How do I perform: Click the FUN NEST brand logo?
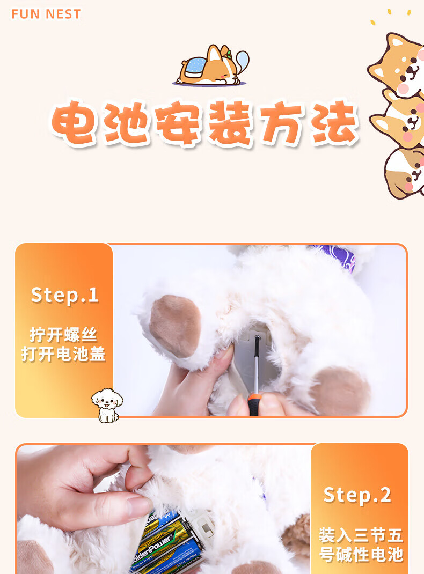click(x=46, y=14)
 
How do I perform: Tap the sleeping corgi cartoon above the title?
click(x=211, y=65)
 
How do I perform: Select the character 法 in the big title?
click(x=335, y=123)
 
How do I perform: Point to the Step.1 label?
click(x=65, y=295)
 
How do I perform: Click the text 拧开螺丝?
click(x=63, y=335)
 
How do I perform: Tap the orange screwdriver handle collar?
click(x=254, y=398)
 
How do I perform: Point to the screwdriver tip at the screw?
click(x=258, y=337)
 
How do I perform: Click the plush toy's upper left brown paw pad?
click(x=175, y=325)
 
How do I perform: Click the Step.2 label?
click(x=357, y=495)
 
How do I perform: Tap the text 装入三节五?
click(x=361, y=535)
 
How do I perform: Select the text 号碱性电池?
click(x=361, y=554)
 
